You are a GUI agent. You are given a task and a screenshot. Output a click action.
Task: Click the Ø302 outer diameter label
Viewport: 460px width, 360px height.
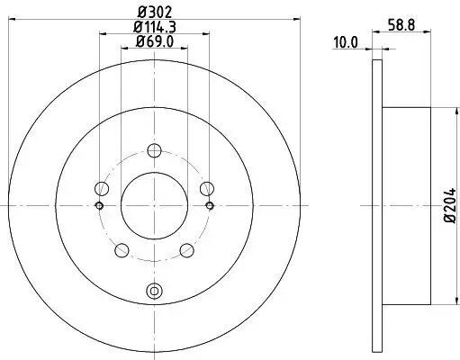coord(154,12)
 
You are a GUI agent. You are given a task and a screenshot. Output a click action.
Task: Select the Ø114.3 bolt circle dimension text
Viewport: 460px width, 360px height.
coord(154,26)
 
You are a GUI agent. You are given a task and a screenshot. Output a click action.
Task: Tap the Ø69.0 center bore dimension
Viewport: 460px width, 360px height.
coord(154,40)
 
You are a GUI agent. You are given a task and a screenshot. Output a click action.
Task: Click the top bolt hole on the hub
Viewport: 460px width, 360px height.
coord(154,151)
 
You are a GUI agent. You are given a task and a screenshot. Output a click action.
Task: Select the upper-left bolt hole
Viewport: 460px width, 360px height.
coord(102,189)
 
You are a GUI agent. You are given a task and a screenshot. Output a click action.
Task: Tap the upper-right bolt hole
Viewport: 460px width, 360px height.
coord(206,187)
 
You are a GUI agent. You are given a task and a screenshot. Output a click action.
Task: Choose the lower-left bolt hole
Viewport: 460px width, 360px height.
coord(122,250)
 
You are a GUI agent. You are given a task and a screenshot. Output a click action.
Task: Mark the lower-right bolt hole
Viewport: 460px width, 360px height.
coord(186,250)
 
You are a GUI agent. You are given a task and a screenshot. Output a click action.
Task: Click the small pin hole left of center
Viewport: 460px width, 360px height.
coord(98,205)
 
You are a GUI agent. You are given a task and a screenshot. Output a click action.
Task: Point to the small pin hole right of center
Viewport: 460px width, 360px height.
coord(210,205)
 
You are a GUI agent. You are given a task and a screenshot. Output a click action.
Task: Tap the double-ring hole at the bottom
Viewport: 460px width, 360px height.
coord(154,291)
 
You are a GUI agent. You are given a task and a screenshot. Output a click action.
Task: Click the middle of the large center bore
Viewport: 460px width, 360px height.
coord(154,205)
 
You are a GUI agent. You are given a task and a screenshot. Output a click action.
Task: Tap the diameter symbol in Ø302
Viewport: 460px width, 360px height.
coord(140,12)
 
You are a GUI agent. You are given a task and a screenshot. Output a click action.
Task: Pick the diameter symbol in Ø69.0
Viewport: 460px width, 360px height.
coord(140,40)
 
